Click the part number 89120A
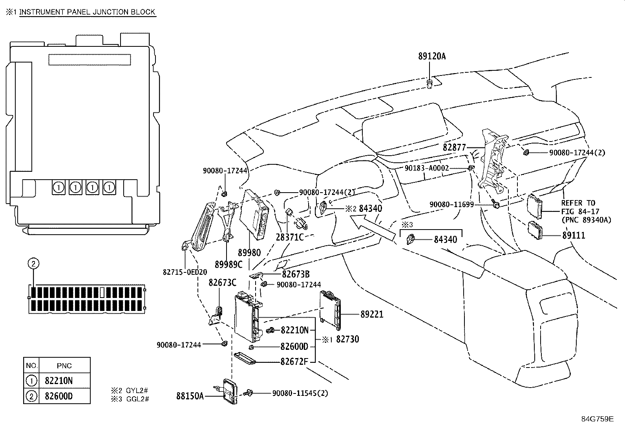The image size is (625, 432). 431,56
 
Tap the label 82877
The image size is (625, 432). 454,147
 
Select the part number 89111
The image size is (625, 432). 574,235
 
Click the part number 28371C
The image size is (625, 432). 290,237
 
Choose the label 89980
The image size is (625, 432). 249,252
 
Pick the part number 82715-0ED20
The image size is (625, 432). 185,272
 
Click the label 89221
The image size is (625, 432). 372,314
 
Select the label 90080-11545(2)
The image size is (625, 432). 300,393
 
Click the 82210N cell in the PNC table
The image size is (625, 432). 58,381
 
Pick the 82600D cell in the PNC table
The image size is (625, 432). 58,396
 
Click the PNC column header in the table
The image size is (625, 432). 64,366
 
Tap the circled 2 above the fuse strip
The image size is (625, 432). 33,263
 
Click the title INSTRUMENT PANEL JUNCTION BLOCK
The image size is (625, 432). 87,12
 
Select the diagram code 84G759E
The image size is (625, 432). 597,419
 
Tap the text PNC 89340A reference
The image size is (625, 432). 586,220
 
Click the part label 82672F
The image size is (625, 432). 294,361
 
